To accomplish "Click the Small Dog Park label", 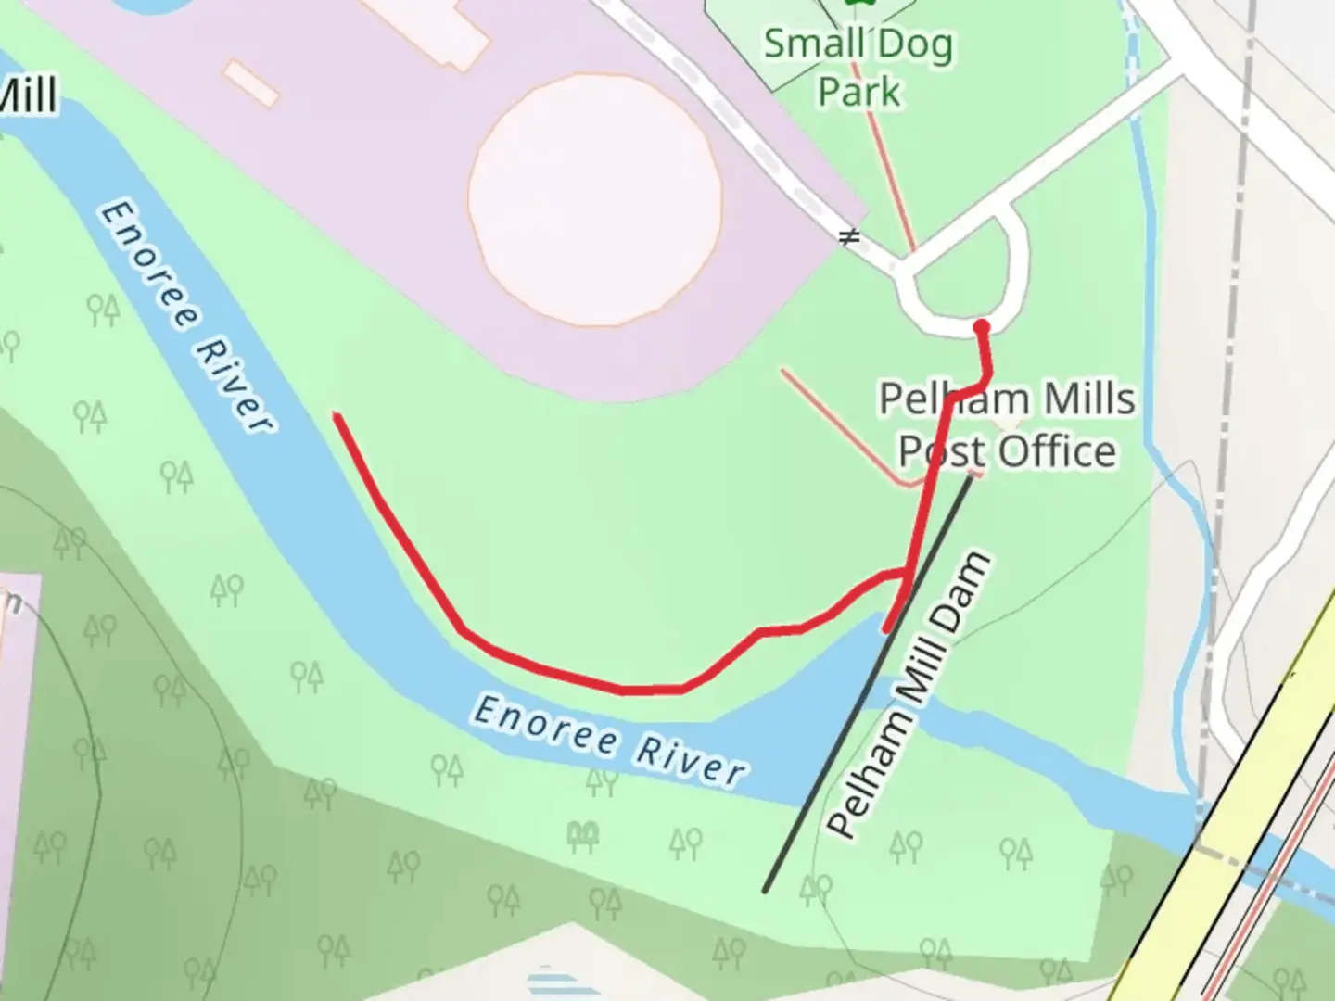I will pyautogui.click(x=858, y=67).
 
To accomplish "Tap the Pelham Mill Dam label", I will pyautogui.click(x=909, y=695).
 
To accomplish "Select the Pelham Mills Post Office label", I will pyautogui.click(x=1007, y=425).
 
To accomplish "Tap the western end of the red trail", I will pyautogui.click(x=338, y=417).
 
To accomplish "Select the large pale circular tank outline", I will pyautogui.click(x=595, y=200).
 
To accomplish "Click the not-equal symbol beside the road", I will pyautogui.click(x=848, y=237).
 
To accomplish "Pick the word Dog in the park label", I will pyautogui.click(x=912, y=44).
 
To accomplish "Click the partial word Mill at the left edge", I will pyautogui.click(x=28, y=95).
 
